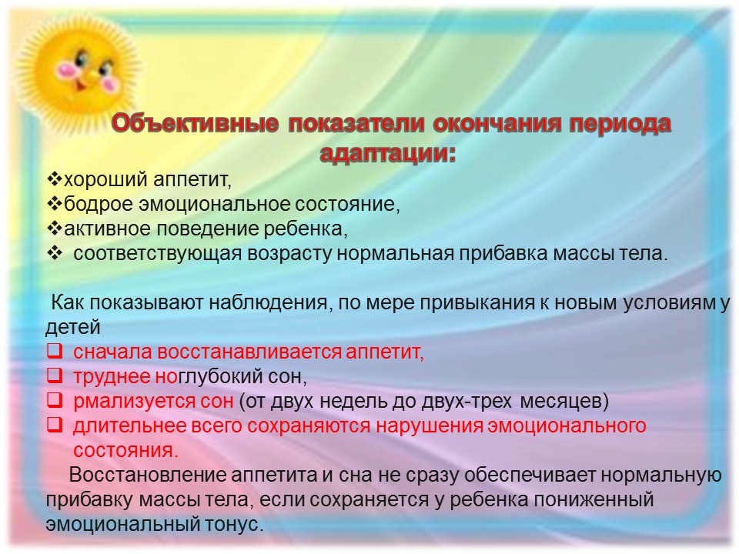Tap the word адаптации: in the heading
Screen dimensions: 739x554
[388, 154]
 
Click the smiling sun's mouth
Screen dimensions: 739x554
[80, 85]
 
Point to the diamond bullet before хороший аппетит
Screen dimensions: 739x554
[55, 179]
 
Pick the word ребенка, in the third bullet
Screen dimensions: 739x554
[306, 229]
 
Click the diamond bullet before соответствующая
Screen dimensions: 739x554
[55, 253]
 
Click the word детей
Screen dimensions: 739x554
[73, 328]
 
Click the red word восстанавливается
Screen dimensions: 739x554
[249, 352]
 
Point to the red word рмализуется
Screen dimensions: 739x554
[134, 402]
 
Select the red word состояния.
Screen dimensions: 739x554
[125, 451]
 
